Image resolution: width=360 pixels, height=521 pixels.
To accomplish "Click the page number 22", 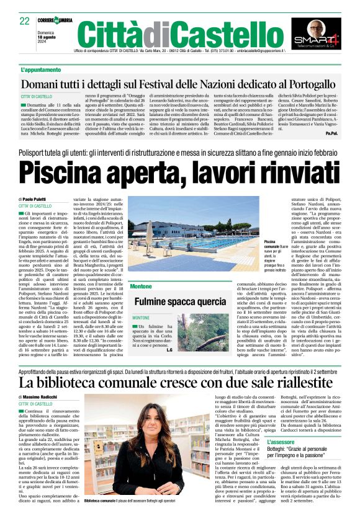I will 25,21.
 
